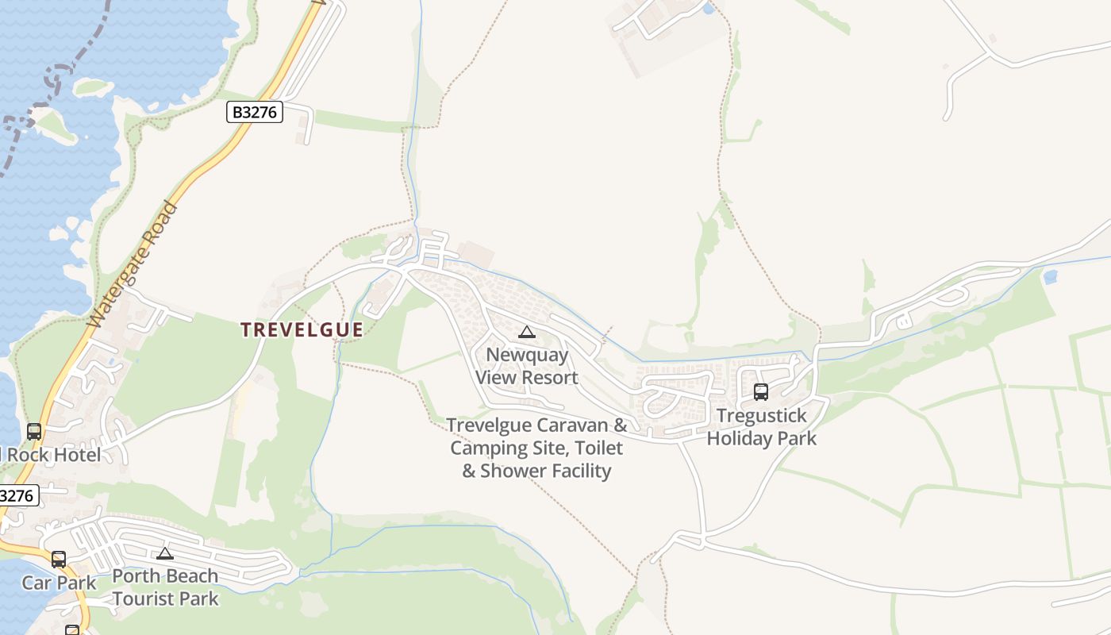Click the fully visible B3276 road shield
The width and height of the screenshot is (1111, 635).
point(255,112)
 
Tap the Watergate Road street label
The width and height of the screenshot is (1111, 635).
point(133,264)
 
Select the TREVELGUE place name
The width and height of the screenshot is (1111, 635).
point(302,329)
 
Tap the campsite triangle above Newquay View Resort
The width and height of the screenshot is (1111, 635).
point(527,332)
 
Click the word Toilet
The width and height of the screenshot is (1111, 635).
point(597,448)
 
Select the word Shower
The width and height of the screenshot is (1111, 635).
point(509,471)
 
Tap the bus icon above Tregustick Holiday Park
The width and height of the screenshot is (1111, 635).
point(761,391)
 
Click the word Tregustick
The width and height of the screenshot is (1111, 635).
point(761,415)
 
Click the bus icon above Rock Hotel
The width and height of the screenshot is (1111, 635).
point(34,432)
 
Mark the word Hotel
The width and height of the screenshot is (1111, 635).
point(78,455)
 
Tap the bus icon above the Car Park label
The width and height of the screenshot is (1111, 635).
point(59,559)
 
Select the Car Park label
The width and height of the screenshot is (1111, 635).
point(59,583)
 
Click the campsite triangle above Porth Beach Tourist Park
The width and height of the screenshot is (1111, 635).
point(165,553)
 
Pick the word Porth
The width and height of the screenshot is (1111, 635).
point(136,575)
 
